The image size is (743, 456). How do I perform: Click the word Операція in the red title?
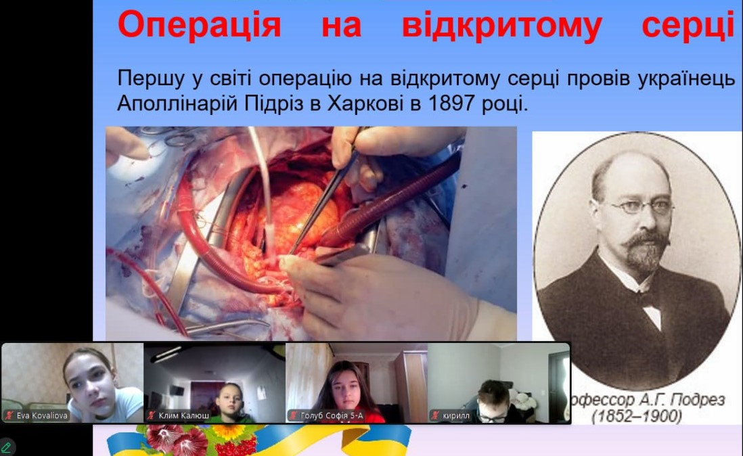point(199,26)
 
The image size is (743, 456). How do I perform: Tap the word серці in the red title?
point(688,26)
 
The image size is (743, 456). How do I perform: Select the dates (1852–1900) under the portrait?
point(637,416)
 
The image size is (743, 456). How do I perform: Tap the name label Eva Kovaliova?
point(42,416)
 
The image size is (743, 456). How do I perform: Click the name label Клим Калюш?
point(184,416)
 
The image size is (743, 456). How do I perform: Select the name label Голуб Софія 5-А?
point(332,416)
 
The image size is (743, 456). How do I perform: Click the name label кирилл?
point(456,416)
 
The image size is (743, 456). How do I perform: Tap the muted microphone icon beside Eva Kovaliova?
point(9,416)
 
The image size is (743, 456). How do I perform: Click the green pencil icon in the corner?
point(6,447)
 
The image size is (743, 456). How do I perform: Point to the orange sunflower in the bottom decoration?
point(227,432)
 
